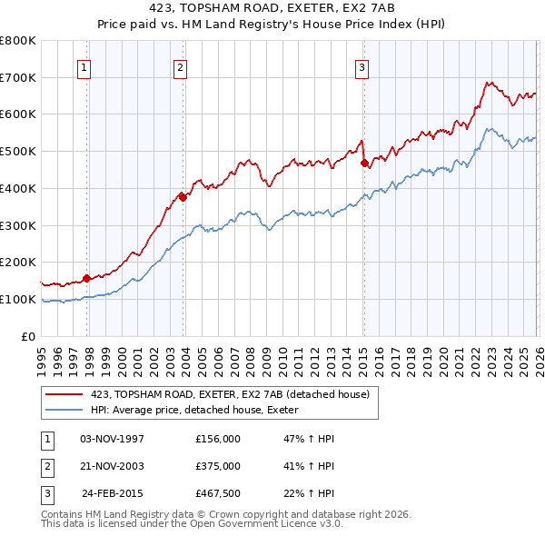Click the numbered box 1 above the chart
click(x=84, y=66)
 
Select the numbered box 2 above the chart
click(x=181, y=66)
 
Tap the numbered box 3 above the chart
click(x=362, y=66)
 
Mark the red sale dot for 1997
click(x=87, y=278)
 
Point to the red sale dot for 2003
click(x=183, y=196)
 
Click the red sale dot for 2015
click(x=364, y=164)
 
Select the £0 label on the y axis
click(x=29, y=336)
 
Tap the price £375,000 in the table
click(x=218, y=466)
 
